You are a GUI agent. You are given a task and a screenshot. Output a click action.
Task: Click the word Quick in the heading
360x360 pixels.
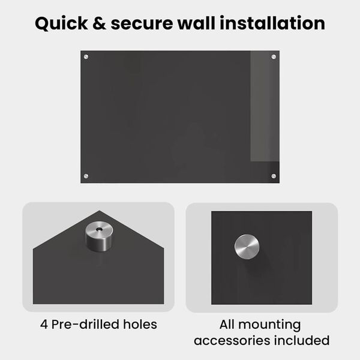61,23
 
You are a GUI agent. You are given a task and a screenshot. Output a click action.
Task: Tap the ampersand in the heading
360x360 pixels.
99,23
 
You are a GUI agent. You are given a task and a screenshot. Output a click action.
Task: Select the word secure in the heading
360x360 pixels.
142,25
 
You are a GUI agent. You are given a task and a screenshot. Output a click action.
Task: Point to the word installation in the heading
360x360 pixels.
272,23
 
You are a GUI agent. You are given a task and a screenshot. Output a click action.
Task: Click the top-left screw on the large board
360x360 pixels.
86,57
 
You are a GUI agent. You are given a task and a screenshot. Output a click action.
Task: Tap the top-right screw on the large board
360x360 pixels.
274,57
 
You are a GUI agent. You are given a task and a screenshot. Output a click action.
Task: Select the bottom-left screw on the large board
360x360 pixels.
86,176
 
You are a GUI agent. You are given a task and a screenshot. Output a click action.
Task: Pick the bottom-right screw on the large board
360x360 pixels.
274,176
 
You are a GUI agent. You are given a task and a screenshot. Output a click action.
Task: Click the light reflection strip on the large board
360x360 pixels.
265,106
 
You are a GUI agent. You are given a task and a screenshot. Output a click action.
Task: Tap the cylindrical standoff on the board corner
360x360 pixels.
99,236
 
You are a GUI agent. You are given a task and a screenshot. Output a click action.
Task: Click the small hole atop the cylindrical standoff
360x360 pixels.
99,229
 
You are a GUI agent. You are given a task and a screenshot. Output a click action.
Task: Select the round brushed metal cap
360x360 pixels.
247,247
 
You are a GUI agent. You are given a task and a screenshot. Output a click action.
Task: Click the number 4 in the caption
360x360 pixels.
44,325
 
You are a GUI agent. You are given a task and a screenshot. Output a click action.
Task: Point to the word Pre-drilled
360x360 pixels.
85,324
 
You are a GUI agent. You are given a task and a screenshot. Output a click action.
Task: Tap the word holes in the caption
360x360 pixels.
140,324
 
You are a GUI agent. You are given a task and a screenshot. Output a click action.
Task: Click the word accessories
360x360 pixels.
232,340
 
